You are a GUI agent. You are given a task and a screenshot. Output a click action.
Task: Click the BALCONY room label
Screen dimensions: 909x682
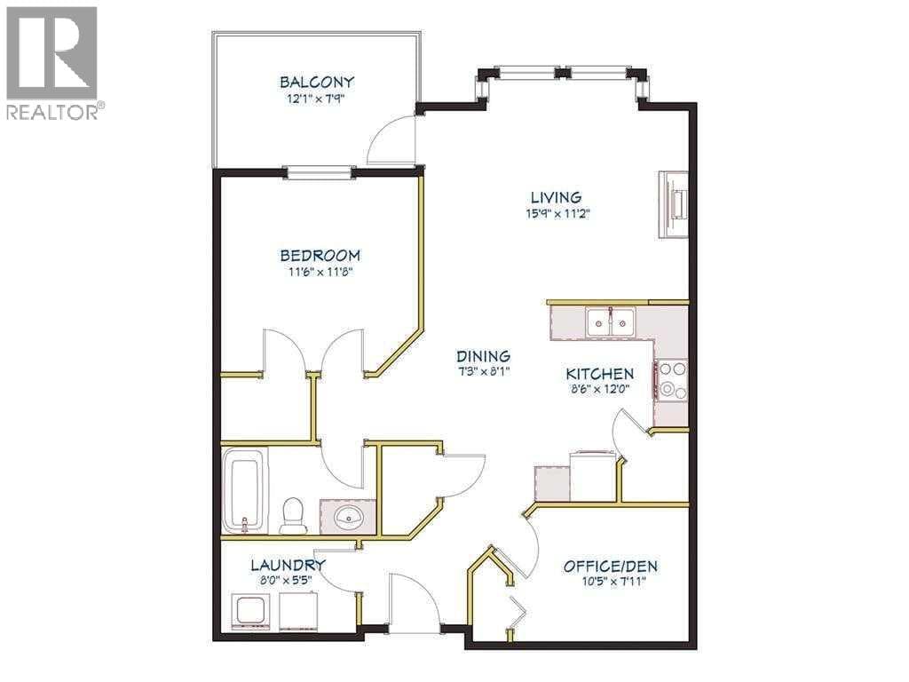click(317, 82)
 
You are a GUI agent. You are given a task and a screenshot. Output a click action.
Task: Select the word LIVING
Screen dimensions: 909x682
click(557, 197)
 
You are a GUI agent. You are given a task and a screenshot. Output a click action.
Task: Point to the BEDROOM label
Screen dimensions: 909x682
click(320, 255)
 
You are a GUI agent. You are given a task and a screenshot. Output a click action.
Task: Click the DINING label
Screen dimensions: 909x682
click(483, 356)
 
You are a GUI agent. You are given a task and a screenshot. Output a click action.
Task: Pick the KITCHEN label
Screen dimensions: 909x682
click(600, 374)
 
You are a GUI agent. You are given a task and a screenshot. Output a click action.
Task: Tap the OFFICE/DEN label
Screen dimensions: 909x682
click(611, 566)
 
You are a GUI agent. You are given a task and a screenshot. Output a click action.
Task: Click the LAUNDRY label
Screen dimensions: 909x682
click(288, 565)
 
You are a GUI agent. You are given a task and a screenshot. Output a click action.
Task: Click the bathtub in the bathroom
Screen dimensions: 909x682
click(245, 489)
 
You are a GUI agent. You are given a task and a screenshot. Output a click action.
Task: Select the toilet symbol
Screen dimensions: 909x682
click(293, 515)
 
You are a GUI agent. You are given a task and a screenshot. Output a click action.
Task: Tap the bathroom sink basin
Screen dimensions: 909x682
click(348, 515)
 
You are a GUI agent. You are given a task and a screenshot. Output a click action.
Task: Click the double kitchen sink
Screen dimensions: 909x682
click(610, 321)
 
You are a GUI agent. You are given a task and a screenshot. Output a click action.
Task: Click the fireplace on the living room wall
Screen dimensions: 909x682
click(673, 204)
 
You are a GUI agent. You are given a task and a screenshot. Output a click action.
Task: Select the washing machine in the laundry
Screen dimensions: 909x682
click(250, 611)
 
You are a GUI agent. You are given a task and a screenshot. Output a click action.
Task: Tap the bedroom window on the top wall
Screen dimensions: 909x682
click(320, 171)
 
